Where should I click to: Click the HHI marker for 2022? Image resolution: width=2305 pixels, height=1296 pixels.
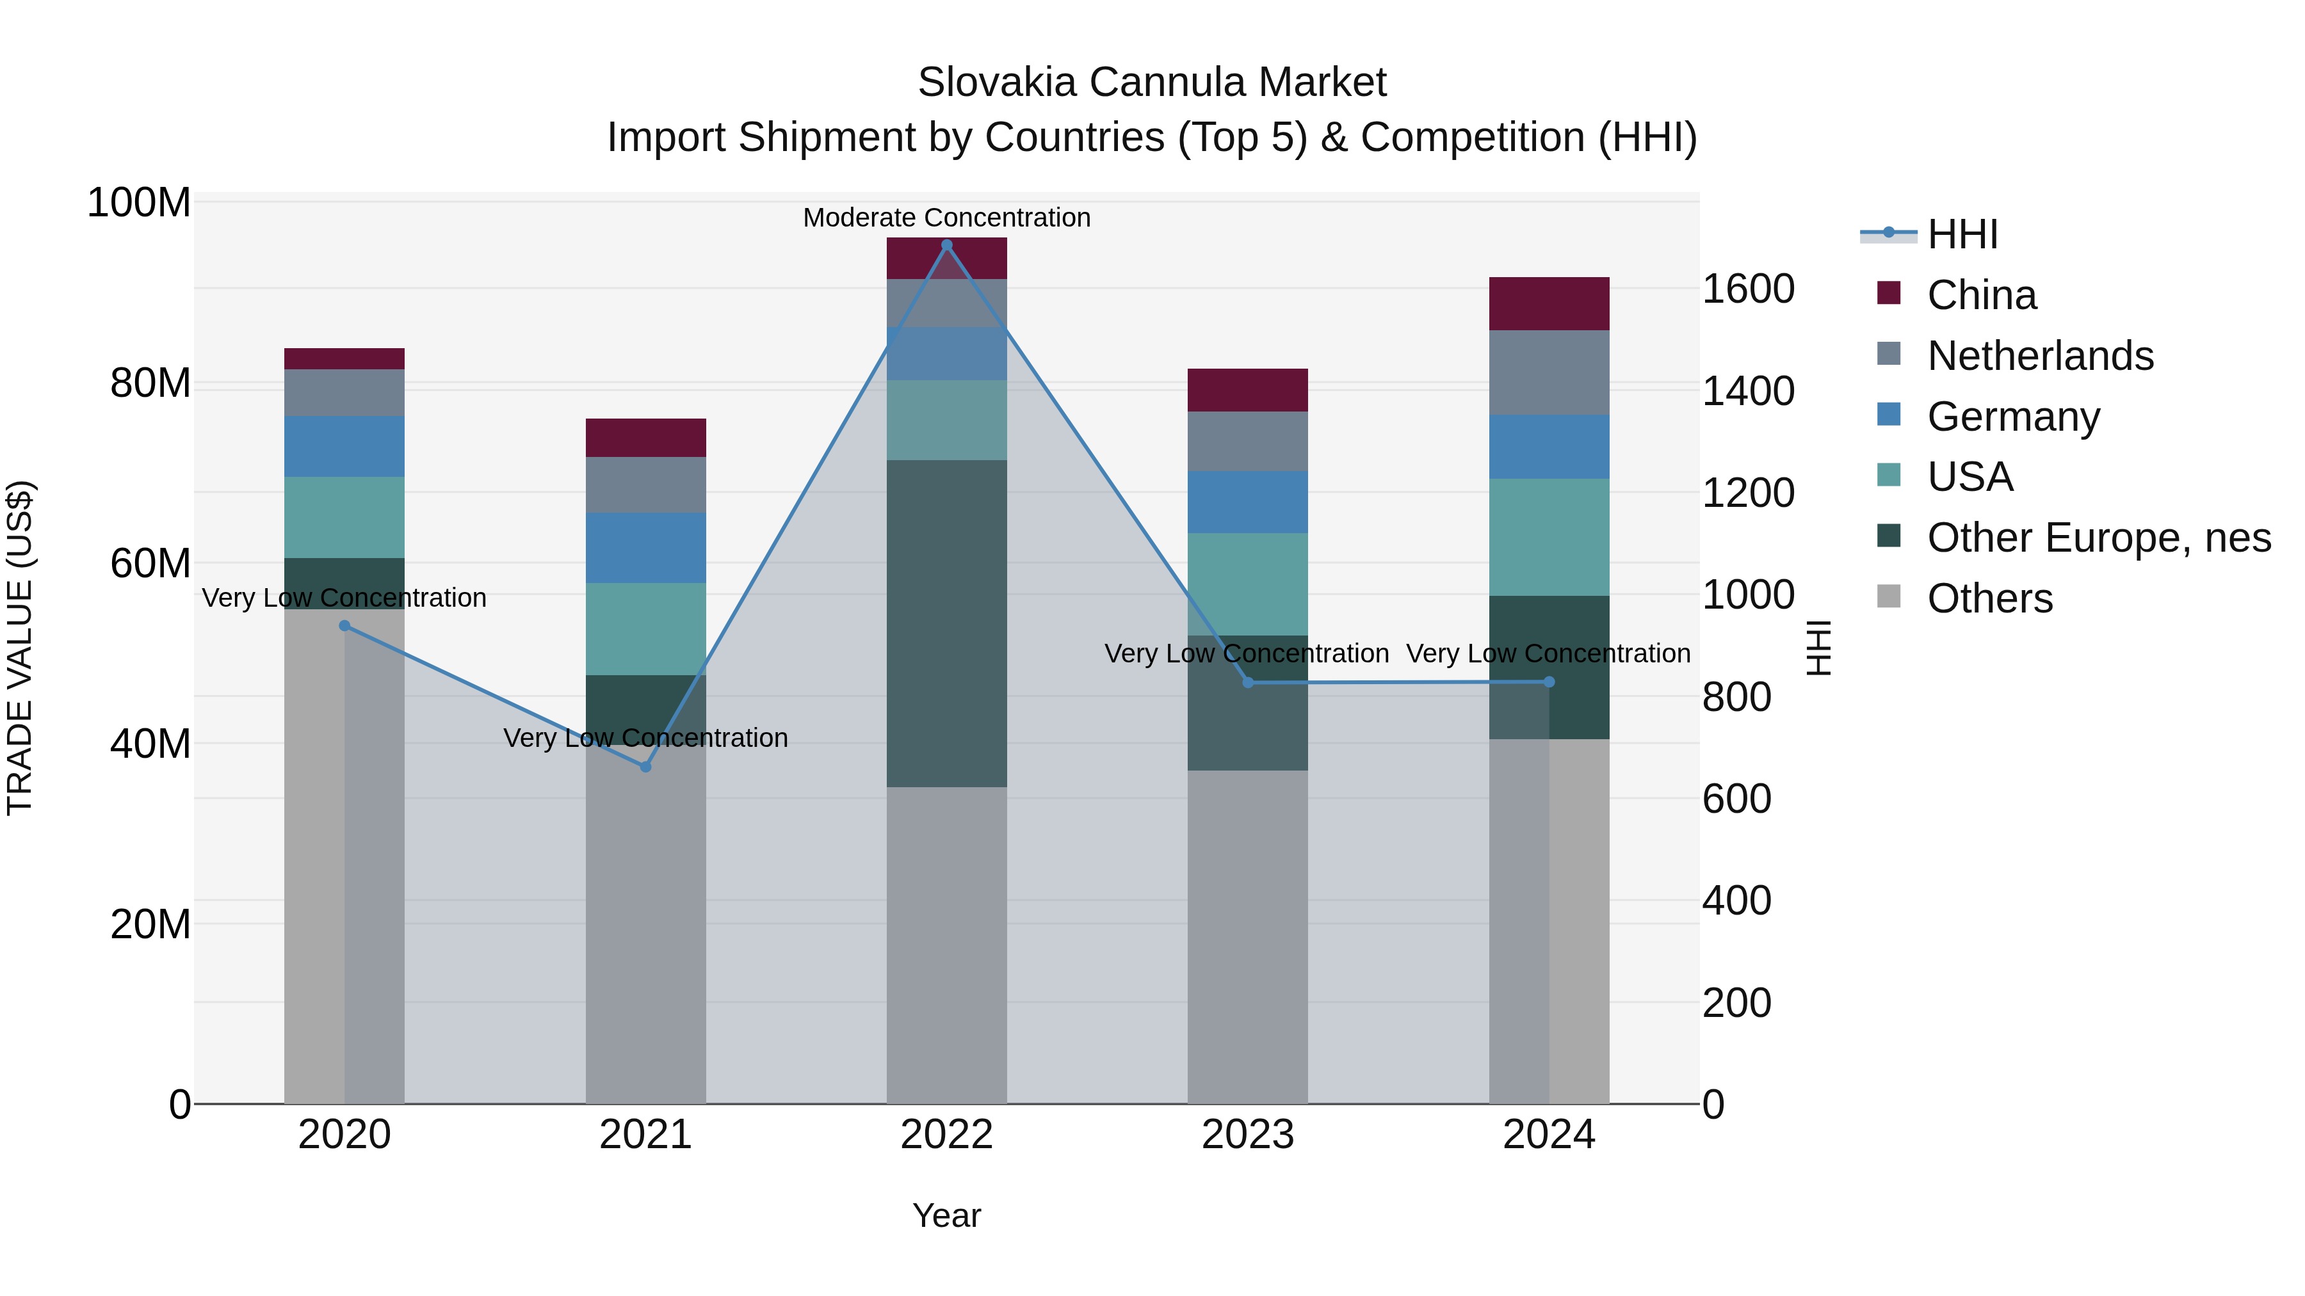947,245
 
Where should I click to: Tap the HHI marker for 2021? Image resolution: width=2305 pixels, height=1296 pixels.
645,767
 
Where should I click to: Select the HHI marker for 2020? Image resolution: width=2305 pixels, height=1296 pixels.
344,626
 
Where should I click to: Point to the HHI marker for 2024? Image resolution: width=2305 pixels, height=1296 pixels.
1549,682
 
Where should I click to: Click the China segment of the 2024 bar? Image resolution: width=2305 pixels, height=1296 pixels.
1549,304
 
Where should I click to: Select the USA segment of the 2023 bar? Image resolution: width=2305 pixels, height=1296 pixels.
1247,584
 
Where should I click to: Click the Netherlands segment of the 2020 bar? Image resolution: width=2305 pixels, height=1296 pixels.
344,393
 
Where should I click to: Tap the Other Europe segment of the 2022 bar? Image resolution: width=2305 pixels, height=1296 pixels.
947,623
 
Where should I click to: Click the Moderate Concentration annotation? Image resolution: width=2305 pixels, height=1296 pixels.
947,218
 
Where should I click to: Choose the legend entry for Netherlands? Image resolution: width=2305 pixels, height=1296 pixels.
2039,356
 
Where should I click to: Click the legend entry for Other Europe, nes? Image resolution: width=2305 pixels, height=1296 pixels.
2098,538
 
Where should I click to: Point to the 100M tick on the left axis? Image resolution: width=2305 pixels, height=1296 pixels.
139,203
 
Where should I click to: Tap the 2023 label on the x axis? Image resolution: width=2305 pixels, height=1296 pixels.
1247,1135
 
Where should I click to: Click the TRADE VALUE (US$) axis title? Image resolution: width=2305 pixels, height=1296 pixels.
20,648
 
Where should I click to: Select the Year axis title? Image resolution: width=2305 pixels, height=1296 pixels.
947,1215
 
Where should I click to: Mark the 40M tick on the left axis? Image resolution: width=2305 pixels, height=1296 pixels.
150,743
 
